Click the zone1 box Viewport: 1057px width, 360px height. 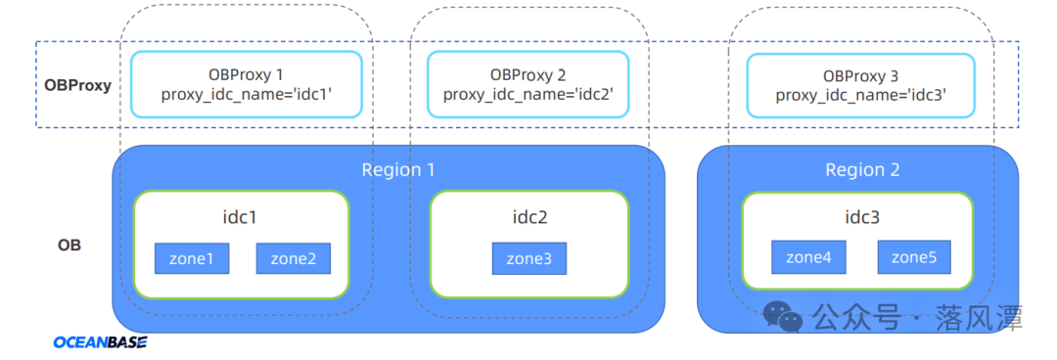(x=192, y=258)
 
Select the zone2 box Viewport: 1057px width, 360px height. (x=294, y=258)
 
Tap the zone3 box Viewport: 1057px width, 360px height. (x=529, y=258)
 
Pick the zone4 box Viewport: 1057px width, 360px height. (x=809, y=257)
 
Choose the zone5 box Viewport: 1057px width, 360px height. (x=915, y=257)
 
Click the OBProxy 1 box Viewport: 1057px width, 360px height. (x=247, y=84)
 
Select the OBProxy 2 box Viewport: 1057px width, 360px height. (x=528, y=84)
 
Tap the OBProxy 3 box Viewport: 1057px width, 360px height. (x=861, y=86)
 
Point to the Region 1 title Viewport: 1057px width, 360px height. (x=398, y=169)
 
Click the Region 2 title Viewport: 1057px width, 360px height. (x=863, y=169)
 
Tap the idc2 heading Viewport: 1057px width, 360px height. (x=529, y=217)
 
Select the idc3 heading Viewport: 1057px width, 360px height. (x=862, y=217)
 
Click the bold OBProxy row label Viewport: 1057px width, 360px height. (x=77, y=86)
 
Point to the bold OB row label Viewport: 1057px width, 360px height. (x=69, y=246)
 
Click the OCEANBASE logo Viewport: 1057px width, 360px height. (x=101, y=342)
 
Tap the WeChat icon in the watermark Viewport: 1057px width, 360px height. (x=783, y=316)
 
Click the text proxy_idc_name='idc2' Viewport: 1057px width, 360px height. (x=528, y=94)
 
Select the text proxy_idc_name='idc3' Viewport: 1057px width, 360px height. (x=861, y=95)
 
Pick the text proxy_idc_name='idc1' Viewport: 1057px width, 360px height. (x=247, y=94)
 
